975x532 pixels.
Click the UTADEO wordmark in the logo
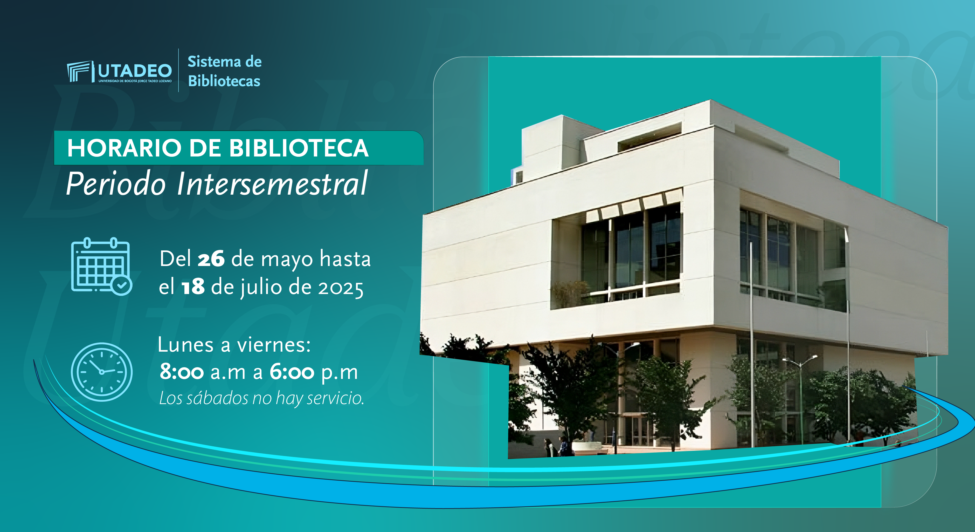(135, 71)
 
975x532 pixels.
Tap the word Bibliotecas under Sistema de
(224, 81)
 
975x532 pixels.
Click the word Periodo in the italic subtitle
(116, 183)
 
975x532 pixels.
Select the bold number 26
(211, 259)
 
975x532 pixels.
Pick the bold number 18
(193, 287)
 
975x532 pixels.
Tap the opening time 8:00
(182, 372)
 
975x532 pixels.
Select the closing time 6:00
(292, 372)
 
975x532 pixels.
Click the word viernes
(274, 345)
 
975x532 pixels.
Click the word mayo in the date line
(287, 261)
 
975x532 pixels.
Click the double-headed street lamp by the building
(800, 398)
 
